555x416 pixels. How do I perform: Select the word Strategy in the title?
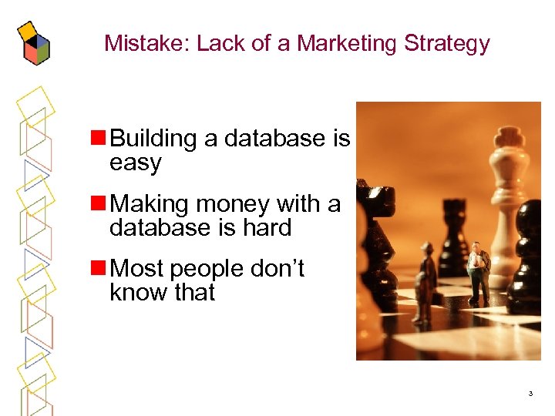tap(447, 44)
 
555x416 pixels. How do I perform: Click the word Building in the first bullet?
tap(154, 139)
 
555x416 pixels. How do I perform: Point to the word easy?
tap(136, 163)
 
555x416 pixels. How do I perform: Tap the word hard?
tap(264, 228)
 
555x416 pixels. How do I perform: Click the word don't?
tap(273, 268)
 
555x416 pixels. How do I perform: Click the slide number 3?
tap(530, 394)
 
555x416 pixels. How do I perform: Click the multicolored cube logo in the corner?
tap(33, 42)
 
